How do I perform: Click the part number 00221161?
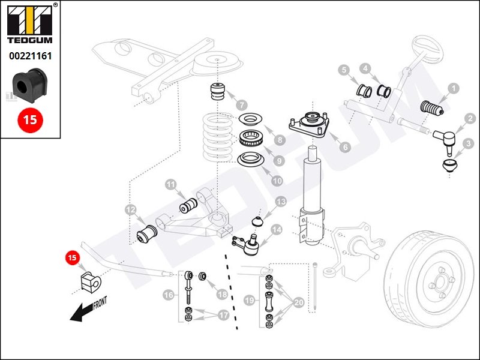coord(30,56)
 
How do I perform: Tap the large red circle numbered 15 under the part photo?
coord(30,119)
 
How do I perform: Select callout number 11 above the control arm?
coord(171,185)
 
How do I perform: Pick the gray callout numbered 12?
coord(131,210)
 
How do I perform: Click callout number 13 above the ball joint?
coord(281,203)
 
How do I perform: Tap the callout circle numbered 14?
coord(277,229)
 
